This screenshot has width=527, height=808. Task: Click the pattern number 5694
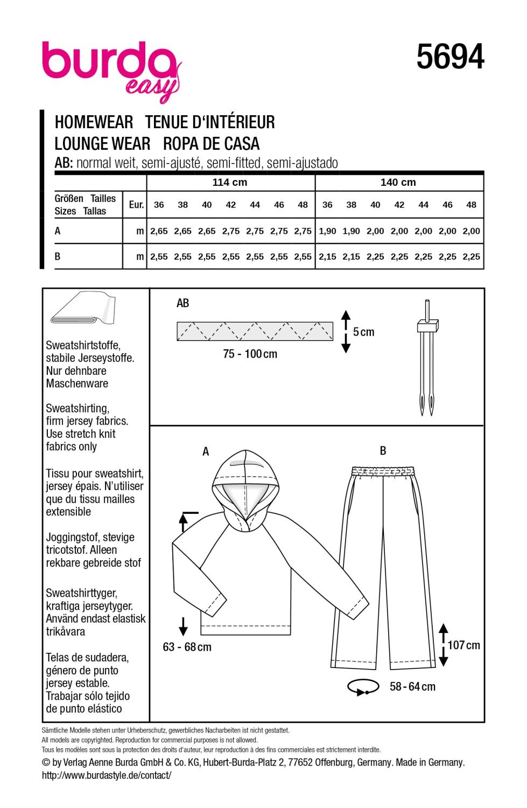[x=450, y=58]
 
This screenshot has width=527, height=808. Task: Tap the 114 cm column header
[x=230, y=183]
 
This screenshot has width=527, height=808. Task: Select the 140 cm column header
[x=398, y=183]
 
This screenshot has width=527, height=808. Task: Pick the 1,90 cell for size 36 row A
[x=327, y=231]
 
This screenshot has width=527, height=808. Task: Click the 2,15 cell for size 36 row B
[x=327, y=257]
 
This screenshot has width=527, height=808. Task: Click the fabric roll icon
[x=84, y=312]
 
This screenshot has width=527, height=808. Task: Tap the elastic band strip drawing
[x=255, y=331]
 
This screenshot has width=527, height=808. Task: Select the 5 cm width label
[x=364, y=332]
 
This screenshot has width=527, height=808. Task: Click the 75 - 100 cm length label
[x=250, y=354]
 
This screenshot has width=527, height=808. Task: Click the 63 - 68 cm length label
[x=187, y=647]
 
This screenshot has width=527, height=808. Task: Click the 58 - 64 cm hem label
[x=412, y=686]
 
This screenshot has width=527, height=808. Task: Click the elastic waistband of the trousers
[x=379, y=471]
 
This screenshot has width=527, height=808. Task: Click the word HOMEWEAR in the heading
[x=94, y=122]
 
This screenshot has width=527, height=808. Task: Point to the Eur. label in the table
[x=137, y=205]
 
